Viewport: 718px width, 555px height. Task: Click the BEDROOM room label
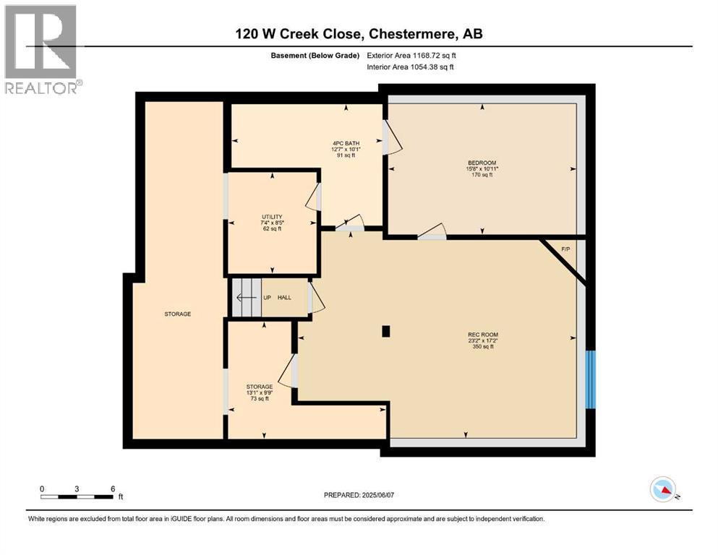coord(482,163)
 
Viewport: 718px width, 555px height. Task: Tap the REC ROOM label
coord(482,335)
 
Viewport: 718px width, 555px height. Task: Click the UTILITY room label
coord(271,216)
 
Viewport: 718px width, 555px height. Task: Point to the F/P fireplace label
coord(565,249)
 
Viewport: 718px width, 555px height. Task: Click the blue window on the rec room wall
coord(591,378)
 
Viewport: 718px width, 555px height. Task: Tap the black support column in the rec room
coord(386,332)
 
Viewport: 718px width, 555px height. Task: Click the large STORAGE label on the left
coord(177,314)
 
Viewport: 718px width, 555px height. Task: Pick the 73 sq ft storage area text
coord(258,398)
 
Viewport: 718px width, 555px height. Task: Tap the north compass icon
coord(663,490)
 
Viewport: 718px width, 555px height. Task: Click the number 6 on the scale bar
coord(113,489)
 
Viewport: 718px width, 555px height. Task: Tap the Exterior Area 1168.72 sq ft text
coord(411,55)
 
